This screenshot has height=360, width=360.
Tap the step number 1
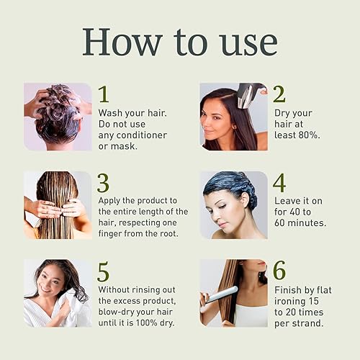104,94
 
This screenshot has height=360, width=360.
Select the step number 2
279,94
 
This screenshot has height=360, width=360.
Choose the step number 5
104,271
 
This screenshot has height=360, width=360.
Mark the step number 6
279,271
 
